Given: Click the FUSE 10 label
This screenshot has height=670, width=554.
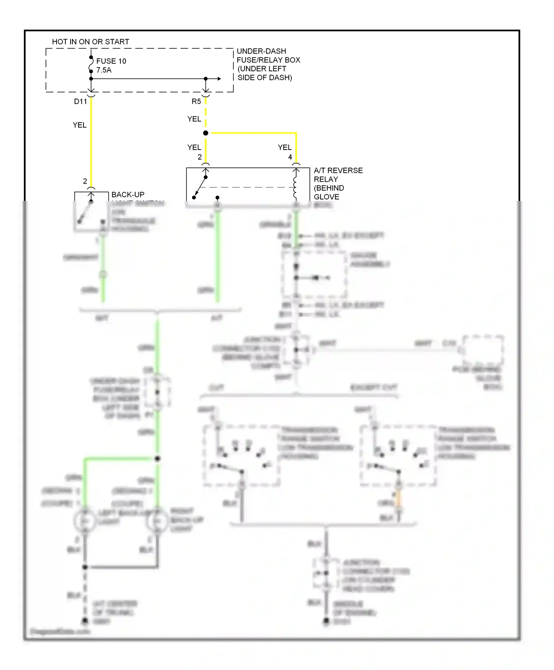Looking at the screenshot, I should (111, 61).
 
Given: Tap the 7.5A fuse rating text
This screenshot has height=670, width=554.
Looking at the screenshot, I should (104, 70).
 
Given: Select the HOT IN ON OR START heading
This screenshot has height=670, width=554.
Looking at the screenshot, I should (90, 42).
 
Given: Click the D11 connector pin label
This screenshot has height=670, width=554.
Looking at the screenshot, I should (80, 102).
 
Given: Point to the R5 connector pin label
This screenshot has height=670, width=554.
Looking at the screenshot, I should (196, 102).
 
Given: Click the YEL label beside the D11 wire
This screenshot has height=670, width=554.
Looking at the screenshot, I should (79, 125).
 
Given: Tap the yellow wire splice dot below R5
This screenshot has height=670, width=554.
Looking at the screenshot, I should (206, 133).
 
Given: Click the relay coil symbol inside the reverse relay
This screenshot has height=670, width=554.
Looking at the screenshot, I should (295, 188).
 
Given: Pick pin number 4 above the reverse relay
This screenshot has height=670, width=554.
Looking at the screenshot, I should (290, 157).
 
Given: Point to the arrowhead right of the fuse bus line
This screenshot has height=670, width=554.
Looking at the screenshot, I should (219, 79).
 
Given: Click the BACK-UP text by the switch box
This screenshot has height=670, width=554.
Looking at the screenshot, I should (128, 195).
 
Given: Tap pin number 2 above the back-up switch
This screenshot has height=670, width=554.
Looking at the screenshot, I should (85, 181).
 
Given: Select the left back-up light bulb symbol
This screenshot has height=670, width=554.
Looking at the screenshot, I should (85, 521).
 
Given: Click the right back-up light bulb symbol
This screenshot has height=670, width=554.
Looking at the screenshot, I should (158, 521).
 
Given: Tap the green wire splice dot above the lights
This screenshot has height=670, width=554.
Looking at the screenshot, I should (157, 459).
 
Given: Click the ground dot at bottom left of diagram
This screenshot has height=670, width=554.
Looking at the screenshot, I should (85, 621).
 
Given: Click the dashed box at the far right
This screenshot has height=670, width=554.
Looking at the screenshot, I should (483, 349).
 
